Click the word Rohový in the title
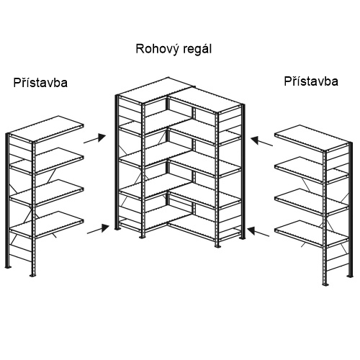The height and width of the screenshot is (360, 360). tap(158, 50)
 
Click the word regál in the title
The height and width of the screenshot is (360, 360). tap(197, 50)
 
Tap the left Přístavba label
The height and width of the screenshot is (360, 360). tap(40, 83)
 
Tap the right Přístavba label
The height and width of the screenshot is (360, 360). tap(311, 81)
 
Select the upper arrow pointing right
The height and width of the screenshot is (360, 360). tap(94, 139)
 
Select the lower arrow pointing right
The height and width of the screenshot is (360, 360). tap(98, 229)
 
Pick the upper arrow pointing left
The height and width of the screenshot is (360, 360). tap(261, 141)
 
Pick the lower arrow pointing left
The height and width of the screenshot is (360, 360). tap(258, 232)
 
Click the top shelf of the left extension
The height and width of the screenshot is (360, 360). tap(45, 129)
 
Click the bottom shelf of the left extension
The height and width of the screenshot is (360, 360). tap(47, 225)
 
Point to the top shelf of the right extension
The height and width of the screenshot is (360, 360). tap(312, 138)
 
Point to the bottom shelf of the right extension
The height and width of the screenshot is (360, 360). tap(312, 233)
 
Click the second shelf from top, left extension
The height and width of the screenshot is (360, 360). tap(47, 161)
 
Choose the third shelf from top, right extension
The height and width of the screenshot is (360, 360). tap(312, 202)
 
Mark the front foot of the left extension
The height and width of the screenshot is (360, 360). tap(32, 275)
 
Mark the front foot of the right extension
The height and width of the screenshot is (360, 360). tap(325, 284)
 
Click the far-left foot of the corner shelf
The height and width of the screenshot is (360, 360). tap(117, 228)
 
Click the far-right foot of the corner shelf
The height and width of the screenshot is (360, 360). tap(243, 238)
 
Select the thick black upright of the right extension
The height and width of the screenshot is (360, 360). tap(351, 210)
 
